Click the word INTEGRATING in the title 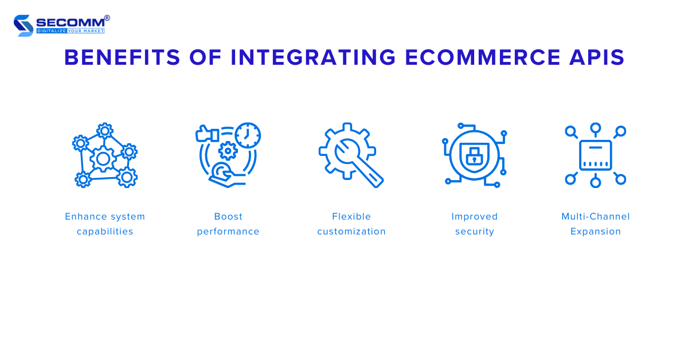point(313,58)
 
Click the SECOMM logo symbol point(24,25)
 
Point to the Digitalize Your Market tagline point(71,30)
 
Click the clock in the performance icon point(248,135)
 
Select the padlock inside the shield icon point(474,155)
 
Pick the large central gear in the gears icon point(103,158)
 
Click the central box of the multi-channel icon point(596,155)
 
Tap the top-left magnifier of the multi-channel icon point(571,132)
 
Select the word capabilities point(105,232)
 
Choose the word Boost point(228,217)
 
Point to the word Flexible point(351,217)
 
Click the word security point(475,232)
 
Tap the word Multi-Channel point(596,217)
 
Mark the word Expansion point(596,232)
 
